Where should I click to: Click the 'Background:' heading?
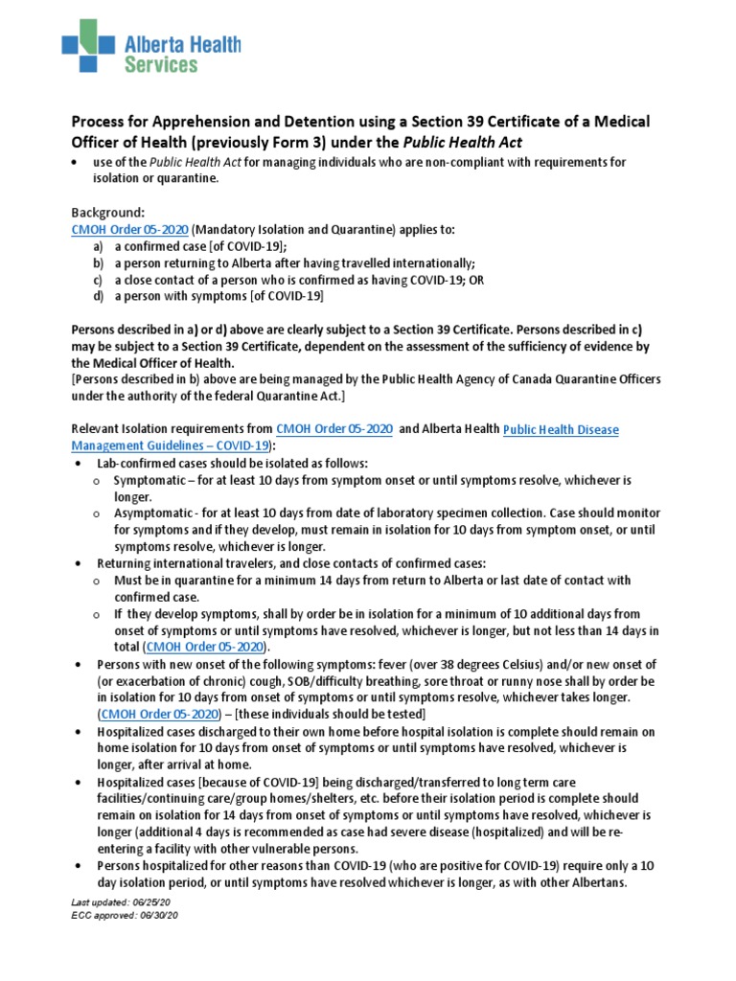[x=108, y=212]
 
